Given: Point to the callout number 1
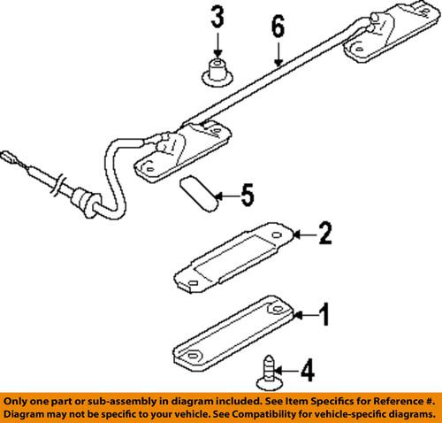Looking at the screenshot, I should [x=324, y=313].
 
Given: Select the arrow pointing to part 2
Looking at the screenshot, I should [x=301, y=235].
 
